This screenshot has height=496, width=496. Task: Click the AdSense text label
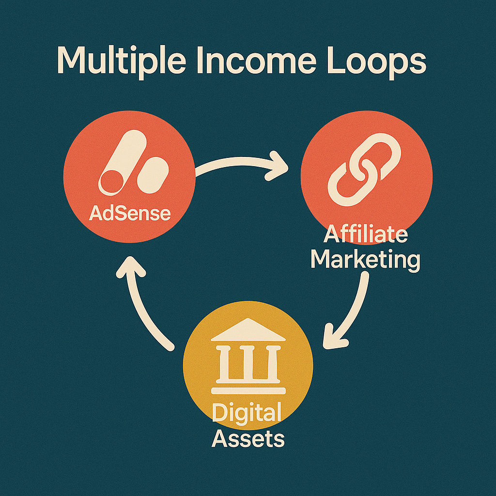point(130,213)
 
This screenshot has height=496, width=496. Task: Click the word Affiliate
point(365,235)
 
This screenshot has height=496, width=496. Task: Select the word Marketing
point(365,260)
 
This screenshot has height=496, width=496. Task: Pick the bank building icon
point(248,356)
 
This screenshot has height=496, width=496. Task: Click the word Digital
point(247,415)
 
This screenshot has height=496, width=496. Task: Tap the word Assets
point(248,438)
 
